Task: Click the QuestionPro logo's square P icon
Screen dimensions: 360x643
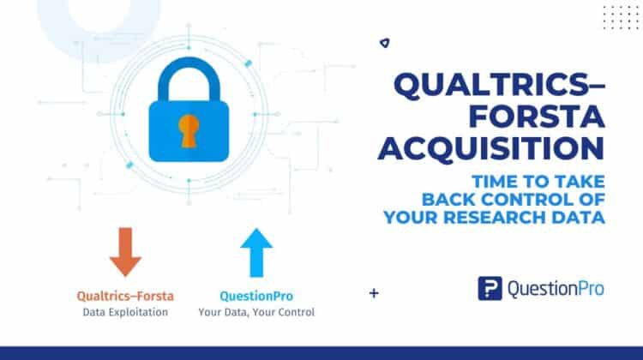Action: (x=490, y=288)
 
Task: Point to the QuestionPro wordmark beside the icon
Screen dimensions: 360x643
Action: (x=556, y=289)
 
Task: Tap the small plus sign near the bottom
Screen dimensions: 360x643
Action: (x=374, y=293)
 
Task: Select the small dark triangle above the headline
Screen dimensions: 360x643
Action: (x=382, y=42)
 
